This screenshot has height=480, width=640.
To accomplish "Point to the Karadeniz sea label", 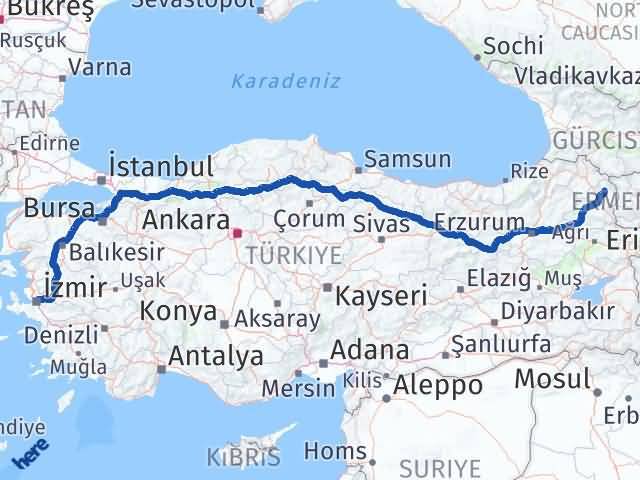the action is (x=286, y=81).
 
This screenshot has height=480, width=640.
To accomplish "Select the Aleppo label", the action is (x=438, y=384).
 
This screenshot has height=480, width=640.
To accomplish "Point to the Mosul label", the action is (x=552, y=378).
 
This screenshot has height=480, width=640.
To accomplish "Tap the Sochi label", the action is (x=513, y=46).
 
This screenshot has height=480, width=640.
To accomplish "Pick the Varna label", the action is (x=101, y=68).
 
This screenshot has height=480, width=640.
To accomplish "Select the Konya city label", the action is (x=178, y=310).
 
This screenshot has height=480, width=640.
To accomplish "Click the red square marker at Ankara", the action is (x=237, y=234).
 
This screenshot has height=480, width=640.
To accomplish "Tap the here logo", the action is (x=31, y=456).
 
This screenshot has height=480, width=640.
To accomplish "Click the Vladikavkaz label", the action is (x=578, y=75).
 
